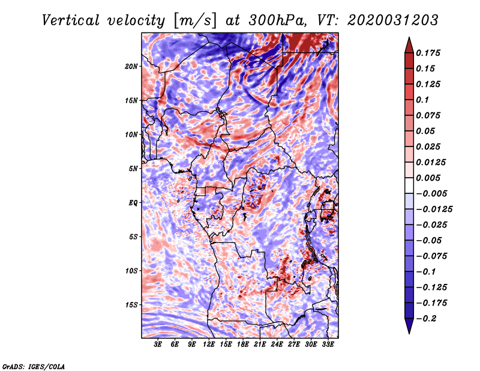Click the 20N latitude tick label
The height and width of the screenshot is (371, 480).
click(131, 66)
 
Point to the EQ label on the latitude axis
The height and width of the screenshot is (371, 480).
click(133, 203)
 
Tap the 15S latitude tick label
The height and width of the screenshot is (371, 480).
click(131, 305)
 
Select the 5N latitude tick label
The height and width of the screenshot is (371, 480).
click(133, 169)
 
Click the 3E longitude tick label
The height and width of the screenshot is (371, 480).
click(158, 345)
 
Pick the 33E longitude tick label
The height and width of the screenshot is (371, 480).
click(328, 345)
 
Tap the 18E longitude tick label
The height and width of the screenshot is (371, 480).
click(243, 345)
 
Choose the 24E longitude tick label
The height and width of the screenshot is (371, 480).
click(277, 345)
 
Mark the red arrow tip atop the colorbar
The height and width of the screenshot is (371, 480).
click(408, 39)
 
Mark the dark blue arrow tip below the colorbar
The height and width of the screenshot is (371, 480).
click(408, 331)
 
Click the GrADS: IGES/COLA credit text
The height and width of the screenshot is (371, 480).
click(33, 366)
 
